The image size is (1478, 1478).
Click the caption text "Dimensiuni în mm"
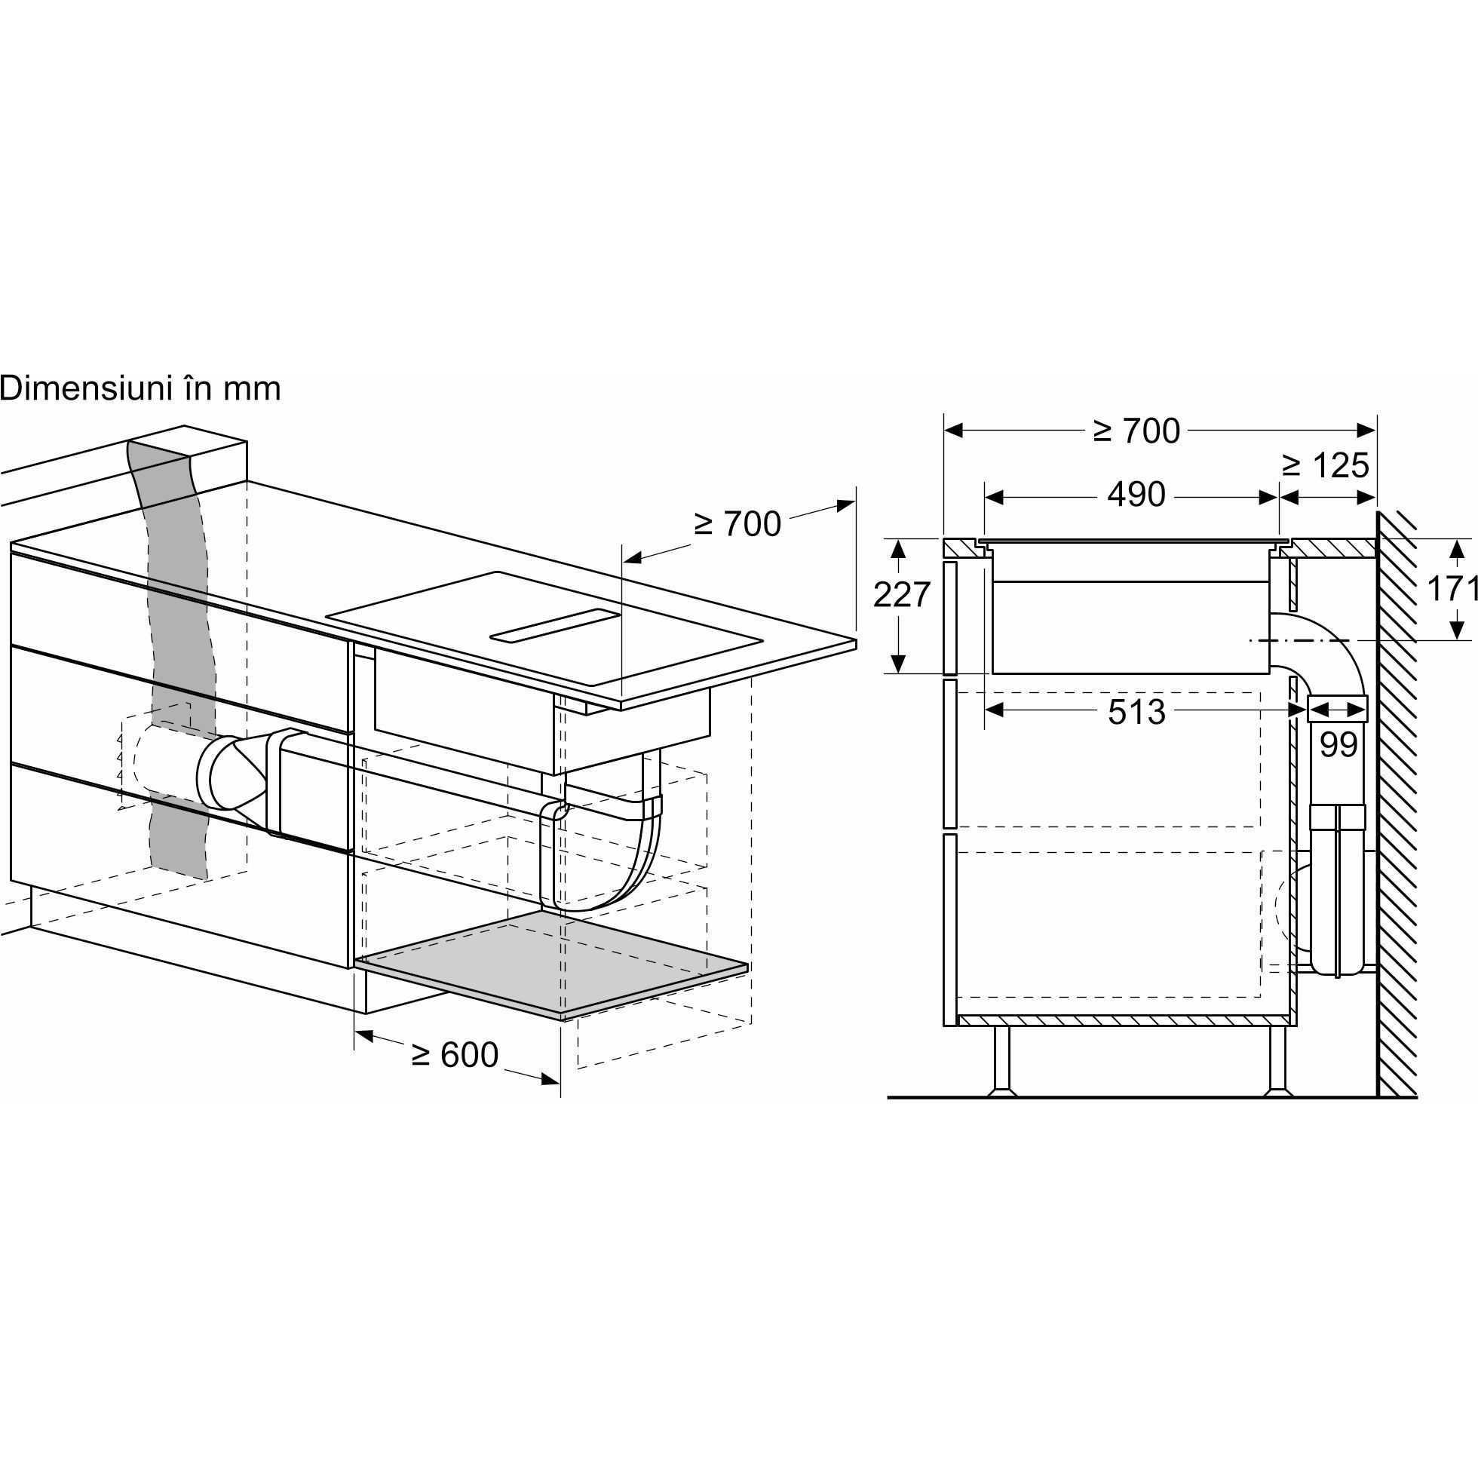140,388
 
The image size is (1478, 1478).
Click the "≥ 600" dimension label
455,1055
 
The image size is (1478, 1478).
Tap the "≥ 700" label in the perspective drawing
737,524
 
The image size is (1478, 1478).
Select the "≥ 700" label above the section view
1137,431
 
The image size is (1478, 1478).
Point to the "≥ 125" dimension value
1326,465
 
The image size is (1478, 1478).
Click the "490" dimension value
1137,495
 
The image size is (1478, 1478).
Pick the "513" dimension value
1137,712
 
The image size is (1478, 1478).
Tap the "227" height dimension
902,594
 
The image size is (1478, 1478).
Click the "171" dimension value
1452,588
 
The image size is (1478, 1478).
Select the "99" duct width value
1338,745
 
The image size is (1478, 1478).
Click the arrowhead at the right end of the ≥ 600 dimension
550,1079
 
